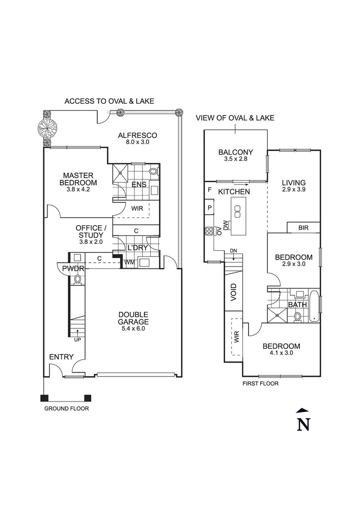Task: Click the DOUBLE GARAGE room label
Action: click(134, 318)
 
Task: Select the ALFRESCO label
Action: click(138, 135)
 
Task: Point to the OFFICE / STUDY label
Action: click(90, 231)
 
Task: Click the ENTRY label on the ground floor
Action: click(61, 357)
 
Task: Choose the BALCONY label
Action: click(235, 153)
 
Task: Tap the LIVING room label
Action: click(294, 182)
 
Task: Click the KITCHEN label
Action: click(234, 192)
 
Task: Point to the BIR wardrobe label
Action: click(303, 227)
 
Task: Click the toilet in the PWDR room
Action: click(77, 279)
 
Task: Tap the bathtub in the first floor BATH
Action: click(315, 305)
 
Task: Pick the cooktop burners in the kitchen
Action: click(209, 231)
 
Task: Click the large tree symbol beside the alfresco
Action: click(48, 128)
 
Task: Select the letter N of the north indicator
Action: click(302, 424)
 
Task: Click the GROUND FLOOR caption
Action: click(67, 409)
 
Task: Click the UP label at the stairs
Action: click(77, 340)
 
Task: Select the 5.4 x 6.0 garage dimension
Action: click(134, 329)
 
